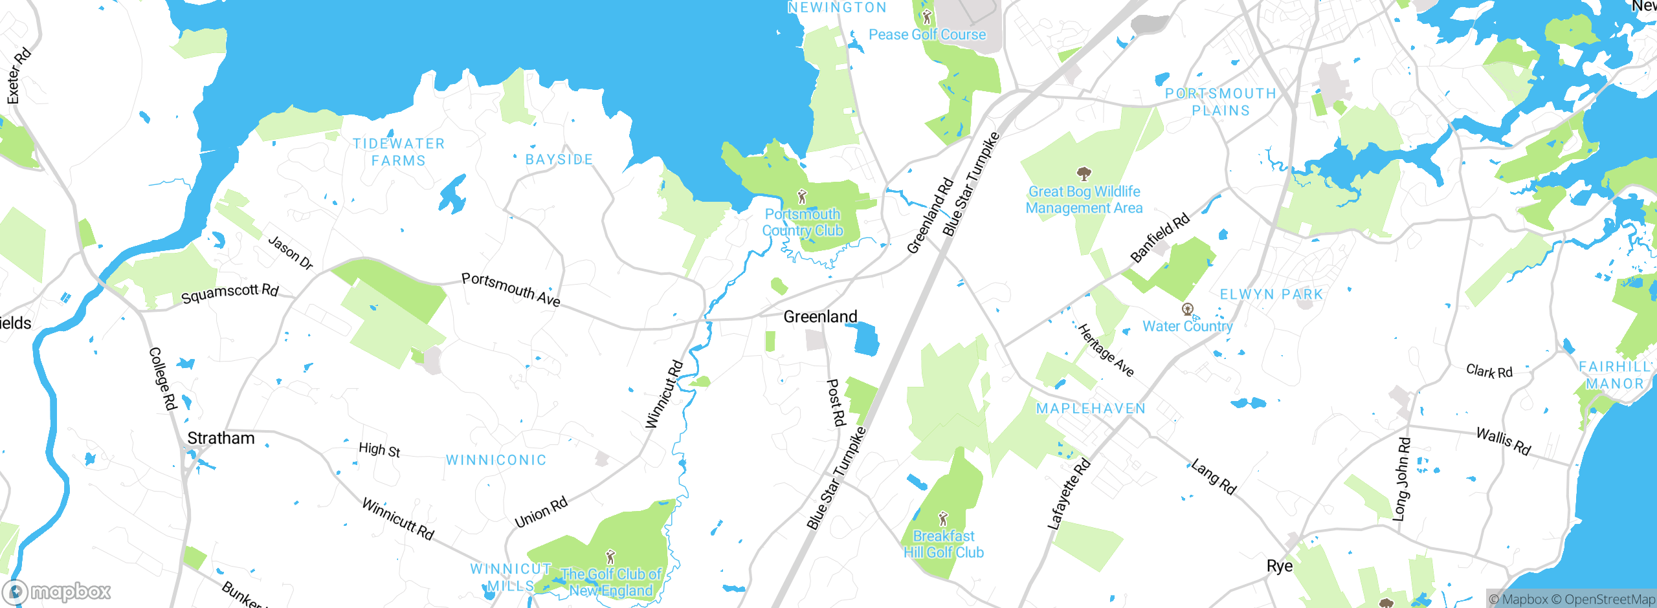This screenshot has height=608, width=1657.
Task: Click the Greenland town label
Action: point(820,316)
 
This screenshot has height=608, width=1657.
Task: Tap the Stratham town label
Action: point(221,438)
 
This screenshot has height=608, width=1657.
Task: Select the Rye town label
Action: point(1279,566)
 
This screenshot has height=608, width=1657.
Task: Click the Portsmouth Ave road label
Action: point(511,289)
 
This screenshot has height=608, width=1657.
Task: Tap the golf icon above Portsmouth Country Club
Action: point(803,196)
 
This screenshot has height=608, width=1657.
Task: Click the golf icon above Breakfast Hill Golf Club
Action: point(943,519)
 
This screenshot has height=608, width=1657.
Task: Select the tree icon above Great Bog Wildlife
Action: point(1084,173)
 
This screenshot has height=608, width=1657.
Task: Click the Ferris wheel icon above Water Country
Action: point(1187,309)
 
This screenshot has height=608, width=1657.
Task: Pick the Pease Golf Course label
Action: point(927,34)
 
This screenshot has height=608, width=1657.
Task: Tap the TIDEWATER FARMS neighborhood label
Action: point(399,152)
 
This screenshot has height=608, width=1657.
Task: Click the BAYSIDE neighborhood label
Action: point(559,159)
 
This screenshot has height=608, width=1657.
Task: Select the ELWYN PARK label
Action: point(1271,294)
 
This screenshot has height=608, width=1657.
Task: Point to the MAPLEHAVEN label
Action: point(1091,408)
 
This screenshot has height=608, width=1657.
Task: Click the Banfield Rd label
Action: point(1160,237)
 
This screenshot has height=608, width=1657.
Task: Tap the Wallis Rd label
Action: point(1503,441)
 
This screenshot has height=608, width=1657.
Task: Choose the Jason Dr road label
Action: point(291,253)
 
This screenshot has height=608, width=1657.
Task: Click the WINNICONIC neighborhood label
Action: point(496,460)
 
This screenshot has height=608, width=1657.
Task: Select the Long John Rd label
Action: point(1401,479)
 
